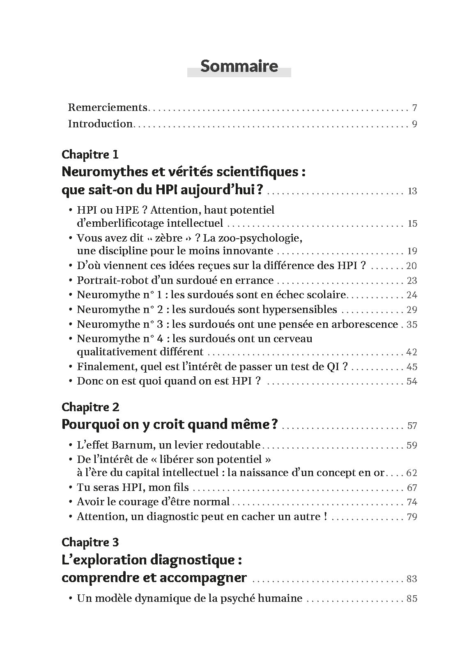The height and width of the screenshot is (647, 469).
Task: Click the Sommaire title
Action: pyautogui.click(x=239, y=66)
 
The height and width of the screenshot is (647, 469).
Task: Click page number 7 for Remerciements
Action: pyautogui.click(x=414, y=108)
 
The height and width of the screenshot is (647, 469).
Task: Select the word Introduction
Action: pyautogui.click(x=100, y=124)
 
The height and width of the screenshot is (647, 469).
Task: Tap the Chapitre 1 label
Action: pyautogui.click(x=90, y=154)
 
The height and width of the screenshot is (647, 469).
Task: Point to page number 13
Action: pyautogui.click(x=412, y=191)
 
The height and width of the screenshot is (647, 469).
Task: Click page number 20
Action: pyautogui.click(x=412, y=266)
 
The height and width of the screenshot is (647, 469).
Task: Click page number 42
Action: pyautogui.click(x=412, y=352)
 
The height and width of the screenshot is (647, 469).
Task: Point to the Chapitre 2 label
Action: pyautogui.click(x=90, y=407)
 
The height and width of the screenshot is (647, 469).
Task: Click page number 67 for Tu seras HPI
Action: pyautogui.click(x=412, y=488)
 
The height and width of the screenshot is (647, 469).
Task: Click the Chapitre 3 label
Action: pyautogui.click(x=90, y=542)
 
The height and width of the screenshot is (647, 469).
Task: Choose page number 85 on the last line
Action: pyautogui.click(x=412, y=599)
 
